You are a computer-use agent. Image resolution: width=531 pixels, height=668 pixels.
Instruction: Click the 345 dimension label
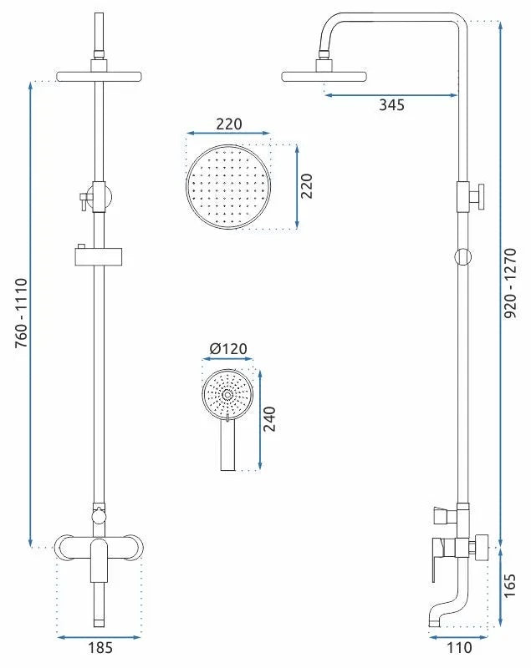tap(391, 105)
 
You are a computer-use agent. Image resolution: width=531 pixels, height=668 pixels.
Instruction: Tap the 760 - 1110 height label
tap(22, 314)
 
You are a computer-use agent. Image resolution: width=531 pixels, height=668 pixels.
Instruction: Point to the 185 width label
tap(100, 648)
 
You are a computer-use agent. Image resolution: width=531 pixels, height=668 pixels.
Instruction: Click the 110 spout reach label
tap(459, 648)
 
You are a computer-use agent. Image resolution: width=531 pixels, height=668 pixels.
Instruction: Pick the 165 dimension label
tap(509, 586)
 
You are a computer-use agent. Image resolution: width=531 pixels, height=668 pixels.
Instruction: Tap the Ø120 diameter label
tap(228, 349)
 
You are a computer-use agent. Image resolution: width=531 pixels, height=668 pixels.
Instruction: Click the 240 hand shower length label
tap(269, 419)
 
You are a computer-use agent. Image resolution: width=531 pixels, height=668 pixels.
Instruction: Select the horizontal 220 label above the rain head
tap(229, 124)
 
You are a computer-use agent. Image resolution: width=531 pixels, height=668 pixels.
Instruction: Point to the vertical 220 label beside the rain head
tap(306, 185)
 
